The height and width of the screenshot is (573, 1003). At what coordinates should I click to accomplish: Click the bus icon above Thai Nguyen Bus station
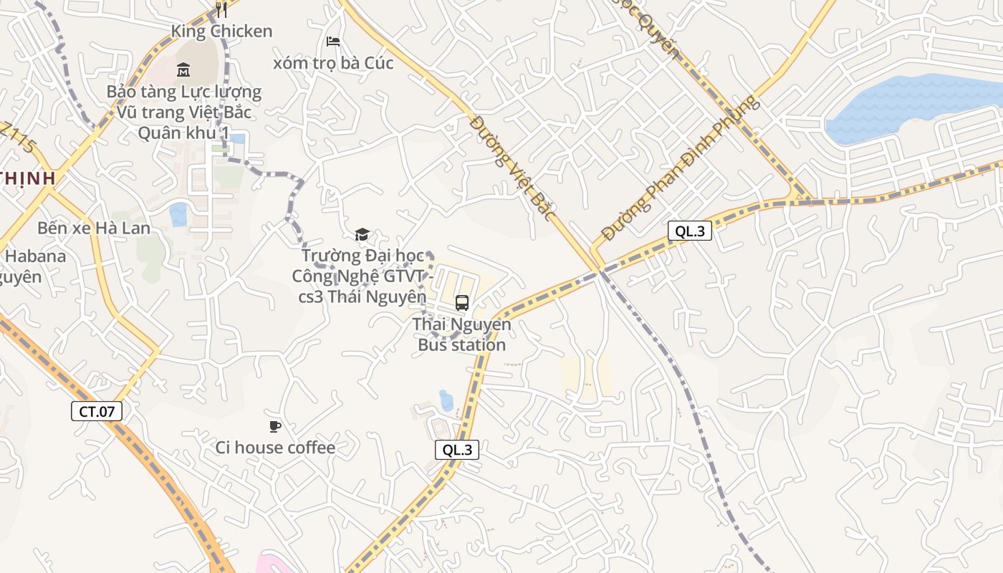(462, 303)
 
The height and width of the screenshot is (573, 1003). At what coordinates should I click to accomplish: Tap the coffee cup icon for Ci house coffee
(274, 427)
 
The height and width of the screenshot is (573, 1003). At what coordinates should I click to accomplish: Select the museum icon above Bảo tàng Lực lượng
(183, 70)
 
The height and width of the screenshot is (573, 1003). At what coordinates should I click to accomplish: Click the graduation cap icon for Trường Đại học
(362, 234)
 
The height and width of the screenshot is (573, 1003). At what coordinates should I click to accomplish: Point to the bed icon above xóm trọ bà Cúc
(333, 42)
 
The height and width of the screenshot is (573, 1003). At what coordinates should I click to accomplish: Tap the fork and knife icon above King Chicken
(221, 9)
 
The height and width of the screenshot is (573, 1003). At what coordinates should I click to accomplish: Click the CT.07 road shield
(97, 411)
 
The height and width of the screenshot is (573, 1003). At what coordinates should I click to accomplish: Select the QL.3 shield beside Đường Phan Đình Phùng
(690, 231)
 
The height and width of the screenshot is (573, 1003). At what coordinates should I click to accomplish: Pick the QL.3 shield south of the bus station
(457, 450)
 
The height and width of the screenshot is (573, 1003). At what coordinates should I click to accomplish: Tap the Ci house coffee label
(275, 448)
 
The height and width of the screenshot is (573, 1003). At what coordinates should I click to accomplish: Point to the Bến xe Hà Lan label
(94, 228)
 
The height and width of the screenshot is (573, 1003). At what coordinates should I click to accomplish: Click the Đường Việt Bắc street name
(513, 168)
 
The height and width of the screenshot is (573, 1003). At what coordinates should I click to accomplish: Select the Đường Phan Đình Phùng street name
(679, 168)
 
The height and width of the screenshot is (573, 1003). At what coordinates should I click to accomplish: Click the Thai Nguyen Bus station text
(462, 334)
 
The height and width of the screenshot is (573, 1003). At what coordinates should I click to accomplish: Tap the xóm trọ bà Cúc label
(333, 63)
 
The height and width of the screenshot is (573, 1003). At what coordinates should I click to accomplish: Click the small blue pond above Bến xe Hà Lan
(178, 213)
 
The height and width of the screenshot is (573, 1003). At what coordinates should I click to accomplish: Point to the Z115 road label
(18, 137)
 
